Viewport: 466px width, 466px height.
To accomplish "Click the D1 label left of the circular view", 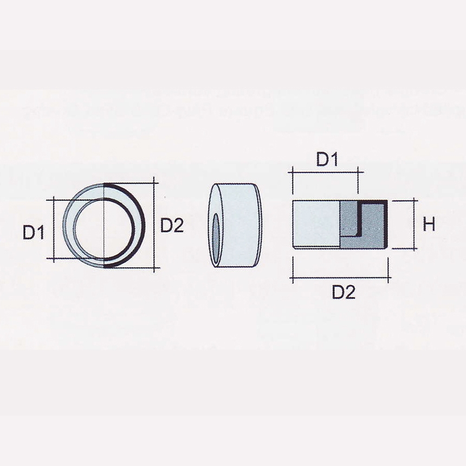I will (x=33, y=232).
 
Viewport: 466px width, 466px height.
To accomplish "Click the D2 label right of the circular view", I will (x=172, y=225).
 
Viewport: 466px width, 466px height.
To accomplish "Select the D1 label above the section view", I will (x=327, y=160).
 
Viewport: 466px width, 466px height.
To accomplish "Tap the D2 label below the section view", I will (x=343, y=293).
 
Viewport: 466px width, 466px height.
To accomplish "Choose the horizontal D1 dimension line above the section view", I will (x=325, y=172).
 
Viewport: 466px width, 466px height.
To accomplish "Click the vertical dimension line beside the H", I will (x=415, y=224).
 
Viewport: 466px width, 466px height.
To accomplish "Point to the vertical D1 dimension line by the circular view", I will (x=54, y=229).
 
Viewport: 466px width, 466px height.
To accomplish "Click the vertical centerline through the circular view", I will (x=104, y=238).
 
